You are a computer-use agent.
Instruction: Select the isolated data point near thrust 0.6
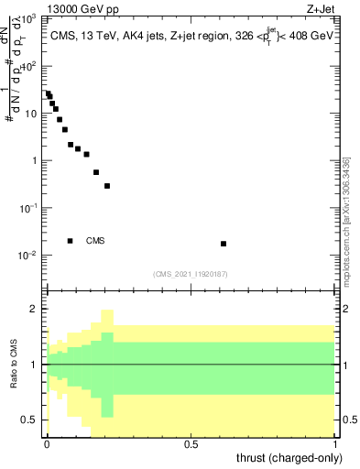click(x=224, y=244)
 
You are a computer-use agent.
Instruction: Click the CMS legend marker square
click(x=71, y=241)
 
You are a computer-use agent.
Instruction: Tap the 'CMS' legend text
click(x=95, y=241)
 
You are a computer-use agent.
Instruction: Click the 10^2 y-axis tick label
click(x=29, y=67)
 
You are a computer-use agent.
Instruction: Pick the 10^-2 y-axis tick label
click(x=28, y=256)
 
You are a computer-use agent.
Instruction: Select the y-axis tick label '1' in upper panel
click(x=35, y=161)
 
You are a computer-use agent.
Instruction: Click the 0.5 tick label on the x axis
click(x=191, y=443)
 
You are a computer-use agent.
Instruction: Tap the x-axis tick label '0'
click(x=47, y=443)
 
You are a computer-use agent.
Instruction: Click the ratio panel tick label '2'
click(x=35, y=310)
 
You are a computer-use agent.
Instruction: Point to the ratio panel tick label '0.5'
click(x=30, y=420)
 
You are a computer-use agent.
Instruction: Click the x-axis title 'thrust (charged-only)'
click(x=291, y=458)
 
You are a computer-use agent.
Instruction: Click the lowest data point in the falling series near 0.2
click(x=107, y=186)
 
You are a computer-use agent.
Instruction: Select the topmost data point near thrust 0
click(x=48, y=93)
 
